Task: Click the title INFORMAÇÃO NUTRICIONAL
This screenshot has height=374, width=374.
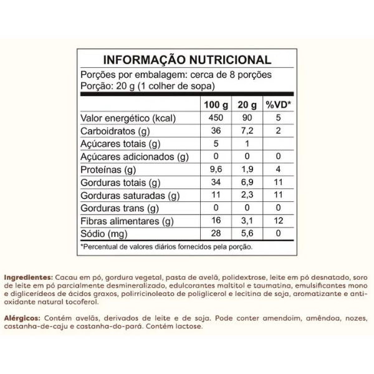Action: click(187, 60)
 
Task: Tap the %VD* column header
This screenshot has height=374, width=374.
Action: click(279, 103)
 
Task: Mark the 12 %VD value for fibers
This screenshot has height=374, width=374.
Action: click(279, 222)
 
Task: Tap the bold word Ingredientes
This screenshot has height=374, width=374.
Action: click(27, 276)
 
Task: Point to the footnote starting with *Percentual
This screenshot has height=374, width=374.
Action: click(166, 247)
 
